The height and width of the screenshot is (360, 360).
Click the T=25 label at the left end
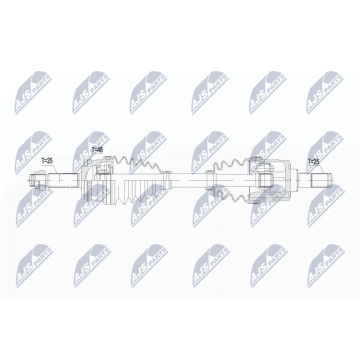[46, 160]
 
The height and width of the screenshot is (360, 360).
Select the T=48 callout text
[98, 149]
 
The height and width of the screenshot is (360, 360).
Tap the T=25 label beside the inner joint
[313, 161]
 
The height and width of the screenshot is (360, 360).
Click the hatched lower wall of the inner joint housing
[272, 195]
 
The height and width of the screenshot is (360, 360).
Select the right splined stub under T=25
[320, 179]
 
